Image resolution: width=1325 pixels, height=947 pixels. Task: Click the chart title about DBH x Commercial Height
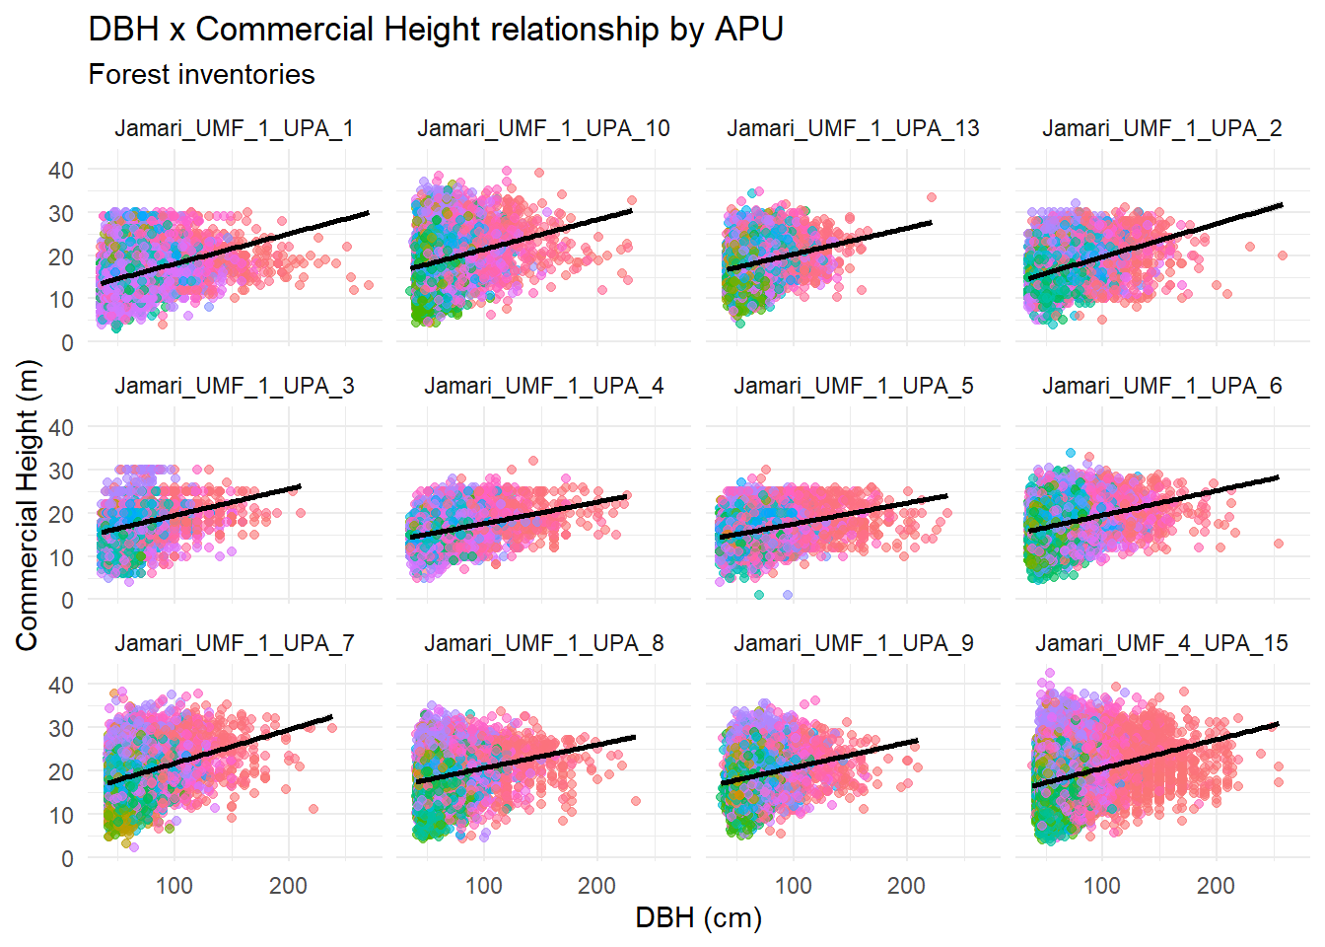coord(436,30)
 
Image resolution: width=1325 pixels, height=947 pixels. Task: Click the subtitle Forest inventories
coord(201,75)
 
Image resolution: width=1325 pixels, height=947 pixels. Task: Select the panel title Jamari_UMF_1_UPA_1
coord(234,129)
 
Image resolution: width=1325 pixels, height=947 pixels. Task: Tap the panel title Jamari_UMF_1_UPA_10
coord(543,129)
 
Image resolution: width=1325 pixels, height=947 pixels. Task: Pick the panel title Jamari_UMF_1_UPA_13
coord(853,129)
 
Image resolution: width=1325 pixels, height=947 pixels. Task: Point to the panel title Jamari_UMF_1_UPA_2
coord(1162,129)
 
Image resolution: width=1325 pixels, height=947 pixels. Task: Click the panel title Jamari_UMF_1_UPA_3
coord(234,387)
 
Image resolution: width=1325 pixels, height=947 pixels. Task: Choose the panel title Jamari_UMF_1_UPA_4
coord(543,387)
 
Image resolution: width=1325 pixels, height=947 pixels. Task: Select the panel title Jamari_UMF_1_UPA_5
coord(853,387)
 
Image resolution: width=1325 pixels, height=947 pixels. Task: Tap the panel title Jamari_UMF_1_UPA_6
coord(1162,387)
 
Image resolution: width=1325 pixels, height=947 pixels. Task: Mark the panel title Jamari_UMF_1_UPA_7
coord(234,644)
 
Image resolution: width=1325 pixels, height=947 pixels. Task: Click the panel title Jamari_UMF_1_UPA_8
coord(543,644)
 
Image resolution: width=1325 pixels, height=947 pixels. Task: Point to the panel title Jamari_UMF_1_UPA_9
coord(853,644)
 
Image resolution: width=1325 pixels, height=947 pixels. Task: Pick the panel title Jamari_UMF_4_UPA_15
coord(1162,644)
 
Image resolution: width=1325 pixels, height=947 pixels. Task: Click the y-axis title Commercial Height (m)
coord(27,504)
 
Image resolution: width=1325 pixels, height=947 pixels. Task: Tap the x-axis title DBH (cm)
coord(698,918)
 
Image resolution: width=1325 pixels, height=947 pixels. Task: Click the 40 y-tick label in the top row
coord(61,171)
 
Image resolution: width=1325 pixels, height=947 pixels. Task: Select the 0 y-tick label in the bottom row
coord(67,859)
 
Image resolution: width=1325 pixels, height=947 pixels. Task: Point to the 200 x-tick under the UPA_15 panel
coord(1216,886)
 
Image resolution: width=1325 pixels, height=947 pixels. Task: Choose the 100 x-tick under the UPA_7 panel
coord(174,886)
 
